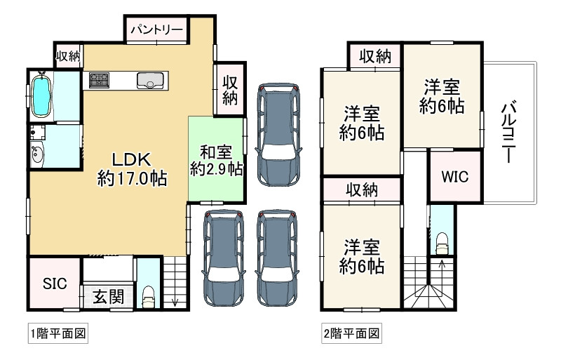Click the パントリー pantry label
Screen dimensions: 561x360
pyautogui.click(x=156, y=29)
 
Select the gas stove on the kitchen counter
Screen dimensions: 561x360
pyautogui.click(x=99, y=80)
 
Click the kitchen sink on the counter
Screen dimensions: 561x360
pyautogui.click(x=150, y=81)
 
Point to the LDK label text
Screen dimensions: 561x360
pyautogui.click(x=131, y=160)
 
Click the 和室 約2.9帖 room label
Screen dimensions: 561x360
pyautogui.click(x=216, y=161)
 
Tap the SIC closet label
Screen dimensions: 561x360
pyautogui.click(x=55, y=284)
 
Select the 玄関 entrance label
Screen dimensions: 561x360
pyautogui.click(x=109, y=297)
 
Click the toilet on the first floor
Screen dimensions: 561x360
pyautogui.click(x=149, y=298)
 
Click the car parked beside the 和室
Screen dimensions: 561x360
pyautogui.click(x=278, y=135)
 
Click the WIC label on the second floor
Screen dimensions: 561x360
pyautogui.click(x=454, y=177)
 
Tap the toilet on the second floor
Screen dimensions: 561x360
pyautogui.click(x=442, y=244)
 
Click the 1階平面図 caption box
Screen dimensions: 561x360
pyautogui.click(x=58, y=334)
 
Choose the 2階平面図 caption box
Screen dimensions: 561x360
pyautogui.click(x=351, y=334)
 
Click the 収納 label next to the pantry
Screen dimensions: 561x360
pyautogui.click(x=68, y=56)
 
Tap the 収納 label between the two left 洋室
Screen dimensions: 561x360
pyautogui.click(x=362, y=190)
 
